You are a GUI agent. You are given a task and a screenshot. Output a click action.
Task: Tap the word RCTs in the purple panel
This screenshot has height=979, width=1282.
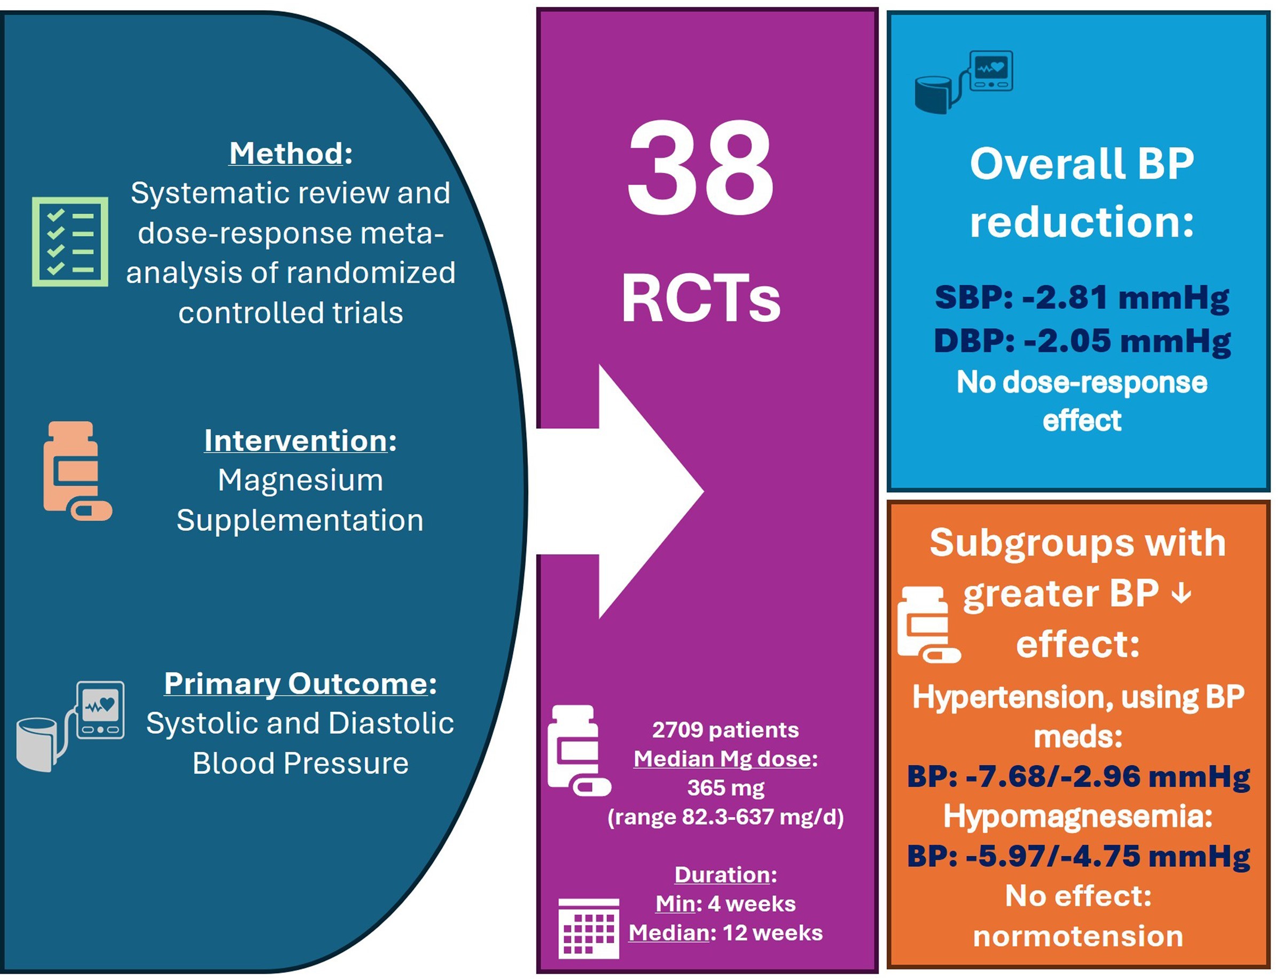(x=700, y=299)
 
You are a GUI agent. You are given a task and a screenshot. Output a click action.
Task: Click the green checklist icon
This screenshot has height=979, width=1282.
(x=70, y=241)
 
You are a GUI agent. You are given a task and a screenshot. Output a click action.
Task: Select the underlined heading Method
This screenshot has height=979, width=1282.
(x=286, y=153)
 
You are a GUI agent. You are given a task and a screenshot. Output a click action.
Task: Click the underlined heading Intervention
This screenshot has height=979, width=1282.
(x=295, y=440)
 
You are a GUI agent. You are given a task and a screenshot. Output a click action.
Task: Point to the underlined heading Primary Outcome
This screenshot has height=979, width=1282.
(x=296, y=683)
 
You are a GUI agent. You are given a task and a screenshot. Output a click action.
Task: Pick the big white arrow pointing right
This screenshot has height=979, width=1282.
(x=629, y=491)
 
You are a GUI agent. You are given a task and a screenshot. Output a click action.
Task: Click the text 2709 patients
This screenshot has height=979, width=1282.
(x=725, y=730)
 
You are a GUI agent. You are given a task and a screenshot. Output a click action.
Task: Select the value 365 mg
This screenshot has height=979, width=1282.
(x=725, y=788)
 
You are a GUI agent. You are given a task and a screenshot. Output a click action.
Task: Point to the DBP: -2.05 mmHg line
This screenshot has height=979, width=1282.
(x=1082, y=340)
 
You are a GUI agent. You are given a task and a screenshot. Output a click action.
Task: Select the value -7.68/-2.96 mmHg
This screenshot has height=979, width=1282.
(x=1107, y=776)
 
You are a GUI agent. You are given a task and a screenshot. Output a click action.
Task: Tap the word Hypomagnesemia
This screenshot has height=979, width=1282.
(x=1077, y=816)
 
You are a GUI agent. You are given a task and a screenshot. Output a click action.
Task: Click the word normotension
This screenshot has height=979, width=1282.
(x=1077, y=936)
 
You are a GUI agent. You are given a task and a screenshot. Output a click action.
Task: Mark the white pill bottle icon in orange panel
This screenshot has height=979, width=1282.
(x=927, y=625)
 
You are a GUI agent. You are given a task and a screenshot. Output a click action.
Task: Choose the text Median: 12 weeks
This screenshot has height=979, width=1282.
(x=725, y=933)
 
